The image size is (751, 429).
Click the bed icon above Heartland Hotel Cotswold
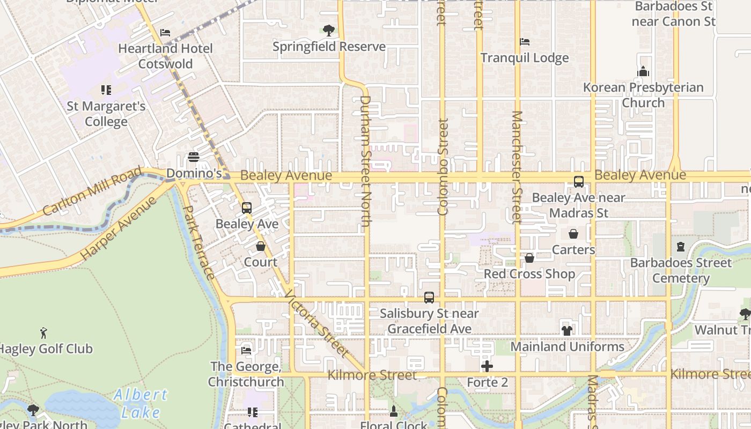165,33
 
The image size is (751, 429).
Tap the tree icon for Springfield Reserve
329,31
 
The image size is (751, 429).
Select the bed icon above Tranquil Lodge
525,42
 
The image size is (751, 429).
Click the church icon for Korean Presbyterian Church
643,71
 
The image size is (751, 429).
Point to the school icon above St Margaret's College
106,90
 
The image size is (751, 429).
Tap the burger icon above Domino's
194,157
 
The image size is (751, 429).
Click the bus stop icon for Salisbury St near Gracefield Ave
429,297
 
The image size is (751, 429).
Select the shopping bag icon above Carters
573,234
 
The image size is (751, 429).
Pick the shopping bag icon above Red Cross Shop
529,258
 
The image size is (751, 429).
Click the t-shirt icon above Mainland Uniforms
567,330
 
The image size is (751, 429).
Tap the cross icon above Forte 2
487,366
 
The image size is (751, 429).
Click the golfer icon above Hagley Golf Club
43,333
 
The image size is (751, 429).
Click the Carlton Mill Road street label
92,191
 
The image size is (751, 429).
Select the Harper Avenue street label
119,229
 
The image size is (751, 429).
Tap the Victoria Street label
316,324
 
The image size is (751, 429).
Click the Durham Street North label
365,161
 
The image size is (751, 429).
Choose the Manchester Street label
517,167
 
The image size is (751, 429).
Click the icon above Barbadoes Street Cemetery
681,247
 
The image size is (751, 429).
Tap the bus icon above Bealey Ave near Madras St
579,182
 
